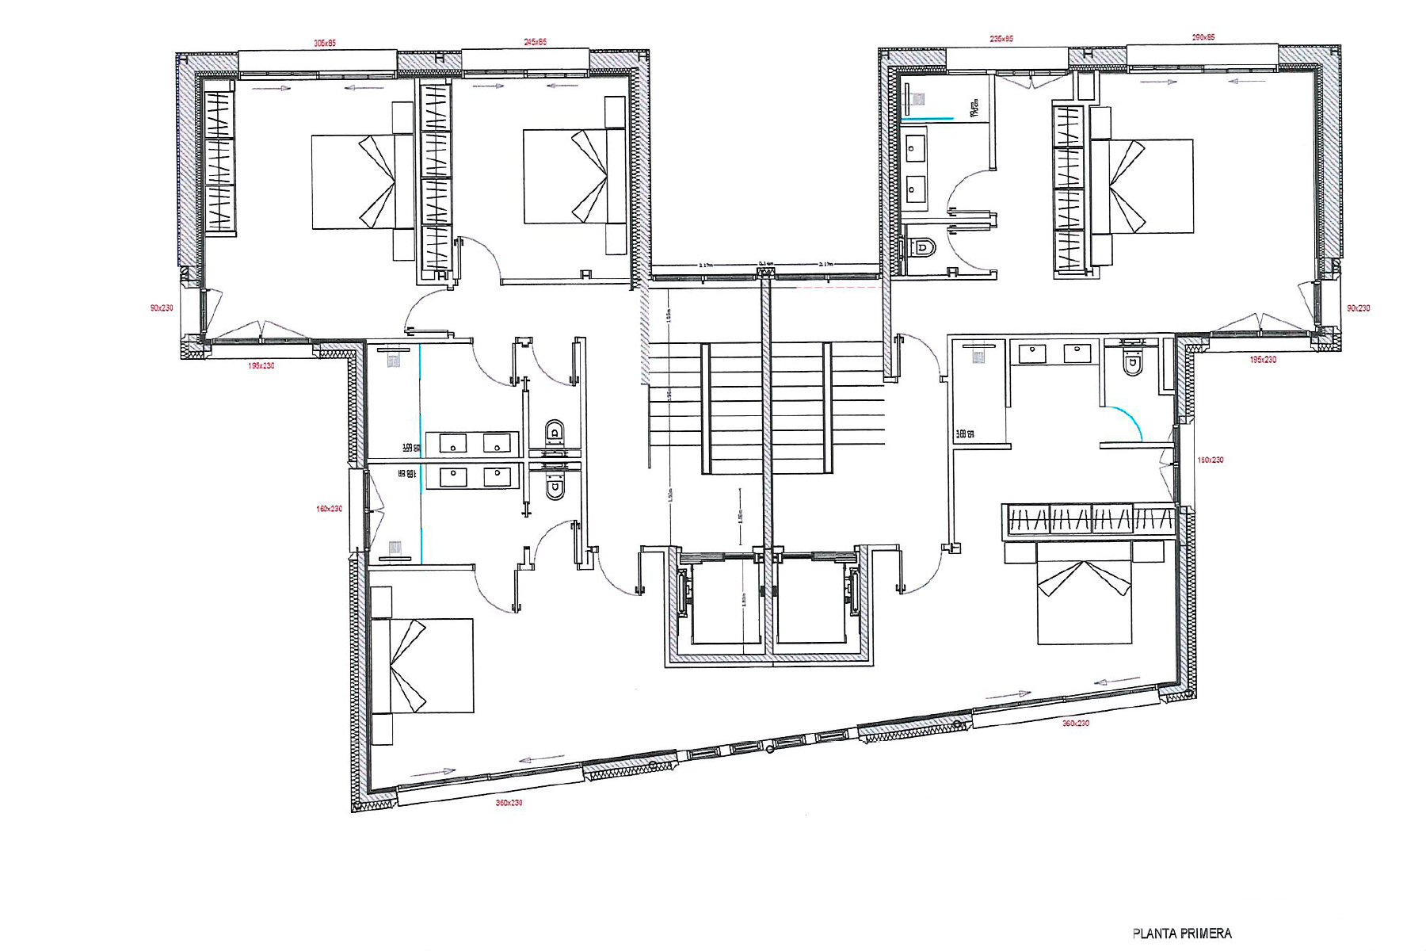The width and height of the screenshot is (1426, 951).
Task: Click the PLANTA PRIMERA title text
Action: click(1181, 934)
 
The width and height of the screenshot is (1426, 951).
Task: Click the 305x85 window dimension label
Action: click(325, 44)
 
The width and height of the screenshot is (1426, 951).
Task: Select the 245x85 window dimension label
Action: click(535, 42)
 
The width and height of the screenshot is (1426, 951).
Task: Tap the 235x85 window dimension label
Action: click(1001, 39)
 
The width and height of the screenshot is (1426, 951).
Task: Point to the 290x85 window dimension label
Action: click(1203, 37)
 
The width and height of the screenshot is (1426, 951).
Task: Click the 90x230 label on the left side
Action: click(162, 308)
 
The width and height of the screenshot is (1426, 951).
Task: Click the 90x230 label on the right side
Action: click(1358, 308)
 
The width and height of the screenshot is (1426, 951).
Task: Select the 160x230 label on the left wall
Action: click(329, 509)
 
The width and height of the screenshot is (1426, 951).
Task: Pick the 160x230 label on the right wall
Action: click(1210, 460)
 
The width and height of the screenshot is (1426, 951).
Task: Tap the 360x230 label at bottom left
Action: click(509, 803)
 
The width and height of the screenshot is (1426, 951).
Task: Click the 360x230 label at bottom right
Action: click(1075, 724)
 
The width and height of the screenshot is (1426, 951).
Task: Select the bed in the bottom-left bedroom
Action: click(421, 666)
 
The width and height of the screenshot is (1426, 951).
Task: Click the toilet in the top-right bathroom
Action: click(921, 247)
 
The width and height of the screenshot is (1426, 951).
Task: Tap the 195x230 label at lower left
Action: click(261, 366)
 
